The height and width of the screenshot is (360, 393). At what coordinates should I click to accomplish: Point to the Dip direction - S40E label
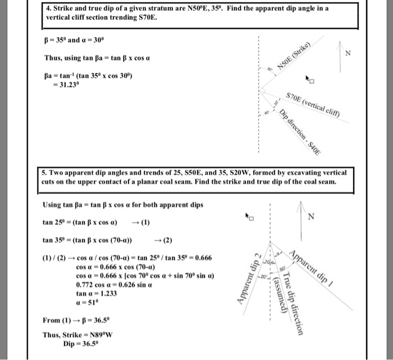[x=301, y=132]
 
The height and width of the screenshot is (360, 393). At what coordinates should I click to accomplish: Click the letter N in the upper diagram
[x=348, y=54]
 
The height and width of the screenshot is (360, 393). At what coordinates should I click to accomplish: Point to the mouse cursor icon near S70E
[x=309, y=80]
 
